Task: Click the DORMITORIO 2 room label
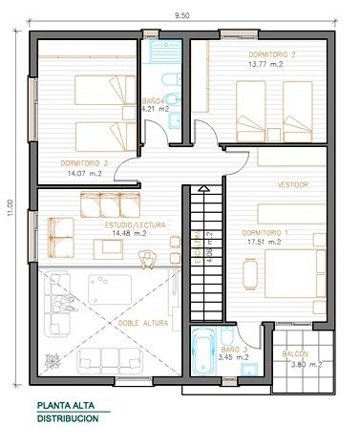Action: [x=272, y=54]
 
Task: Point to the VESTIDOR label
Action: [x=292, y=184]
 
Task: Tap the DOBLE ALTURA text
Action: [x=140, y=323]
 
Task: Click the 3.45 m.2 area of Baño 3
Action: [x=235, y=358]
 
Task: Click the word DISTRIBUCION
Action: [x=69, y=419]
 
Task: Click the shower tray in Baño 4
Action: [x=165, y=53]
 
